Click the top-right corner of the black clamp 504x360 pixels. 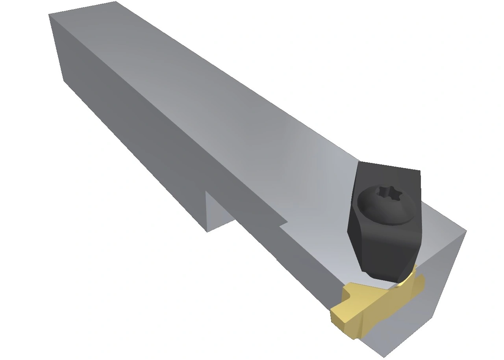point(420,171)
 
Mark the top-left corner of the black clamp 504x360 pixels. point(359,162)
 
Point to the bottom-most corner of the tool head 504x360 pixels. point(384,357)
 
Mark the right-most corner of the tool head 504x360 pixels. point(466,231)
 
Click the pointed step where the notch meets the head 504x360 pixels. point(287,223)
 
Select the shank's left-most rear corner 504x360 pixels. point(49,15)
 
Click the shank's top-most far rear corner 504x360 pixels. point(116,2)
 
